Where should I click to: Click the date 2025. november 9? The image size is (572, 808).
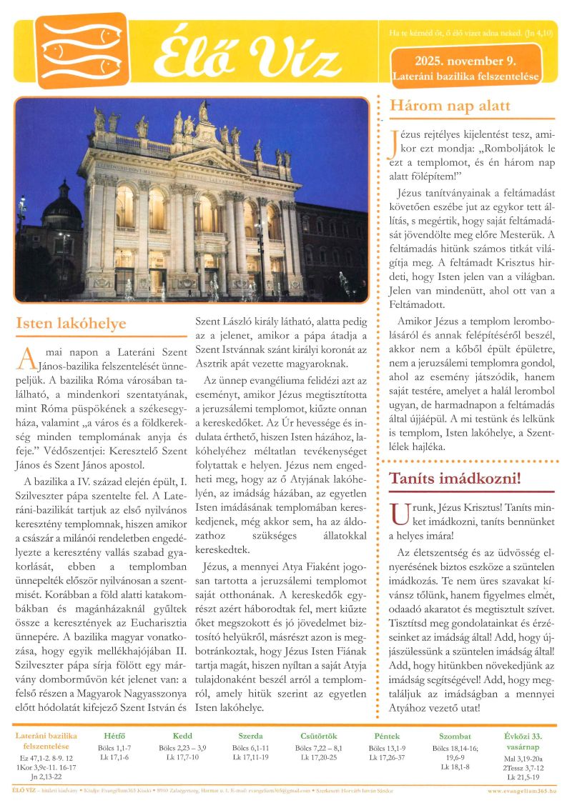(465, 61)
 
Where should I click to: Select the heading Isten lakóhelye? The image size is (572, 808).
(71, 324)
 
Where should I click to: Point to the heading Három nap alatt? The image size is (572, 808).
(450, 106)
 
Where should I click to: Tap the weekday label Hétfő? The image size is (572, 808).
(114, 736)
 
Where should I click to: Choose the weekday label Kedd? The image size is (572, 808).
(182, 736)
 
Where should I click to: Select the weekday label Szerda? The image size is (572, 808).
(250, 736)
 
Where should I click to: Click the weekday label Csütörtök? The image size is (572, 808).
(319, 736)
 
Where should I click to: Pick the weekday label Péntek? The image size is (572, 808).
(387, 736)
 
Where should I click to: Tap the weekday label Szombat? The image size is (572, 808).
(455, 736)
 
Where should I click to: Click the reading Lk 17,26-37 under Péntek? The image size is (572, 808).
(387, 757)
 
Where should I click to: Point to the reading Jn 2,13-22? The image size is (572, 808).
(46, 777)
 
